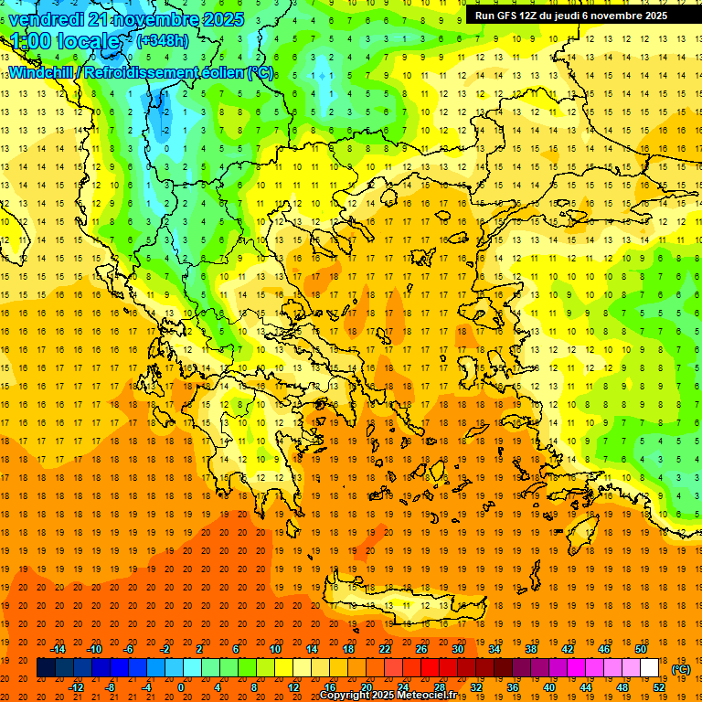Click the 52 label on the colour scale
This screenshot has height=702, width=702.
click(x=659, y=687)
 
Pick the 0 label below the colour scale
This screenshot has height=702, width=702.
click(x=181, y=687)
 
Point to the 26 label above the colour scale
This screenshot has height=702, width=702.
click(x=421, y=649)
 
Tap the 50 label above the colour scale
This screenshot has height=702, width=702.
click(x=641, y=649)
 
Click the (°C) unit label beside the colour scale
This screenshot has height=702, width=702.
click(x=681, y=669)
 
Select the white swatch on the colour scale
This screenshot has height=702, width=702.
click(x=649, y=668)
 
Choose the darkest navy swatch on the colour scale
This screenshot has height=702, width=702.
click(x=46, y=668)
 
